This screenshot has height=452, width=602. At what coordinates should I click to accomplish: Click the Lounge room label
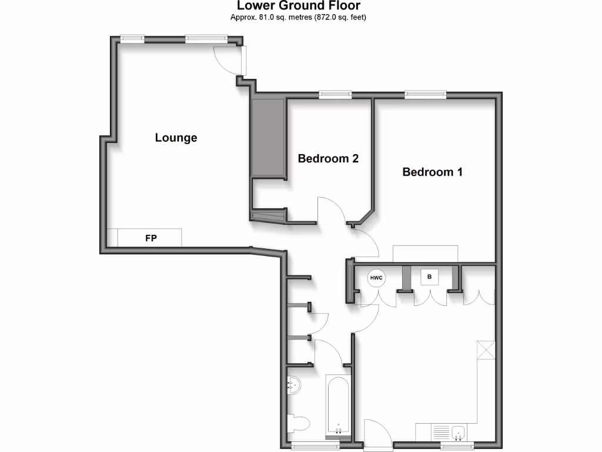[x=176, y=138]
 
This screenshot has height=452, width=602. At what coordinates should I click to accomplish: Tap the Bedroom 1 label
[x=432, y=172]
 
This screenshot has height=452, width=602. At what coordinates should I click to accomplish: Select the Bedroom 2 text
[x=328, y=158]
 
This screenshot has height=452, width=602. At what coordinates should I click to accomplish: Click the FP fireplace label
[x=151, y=238]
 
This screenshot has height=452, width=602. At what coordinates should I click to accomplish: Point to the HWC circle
[x=376, y=277]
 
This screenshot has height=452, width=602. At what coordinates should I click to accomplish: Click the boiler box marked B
[x=429, y=276]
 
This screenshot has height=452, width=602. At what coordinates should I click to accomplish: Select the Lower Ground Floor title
[x=298, y=6]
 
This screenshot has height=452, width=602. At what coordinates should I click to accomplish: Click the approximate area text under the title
[x=298, y=17]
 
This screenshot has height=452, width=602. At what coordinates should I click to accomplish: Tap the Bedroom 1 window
[x=425, y=94]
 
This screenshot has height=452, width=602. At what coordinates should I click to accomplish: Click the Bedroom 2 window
[x=336, y=94]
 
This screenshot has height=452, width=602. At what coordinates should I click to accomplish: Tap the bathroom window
[x=310, y=446]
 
